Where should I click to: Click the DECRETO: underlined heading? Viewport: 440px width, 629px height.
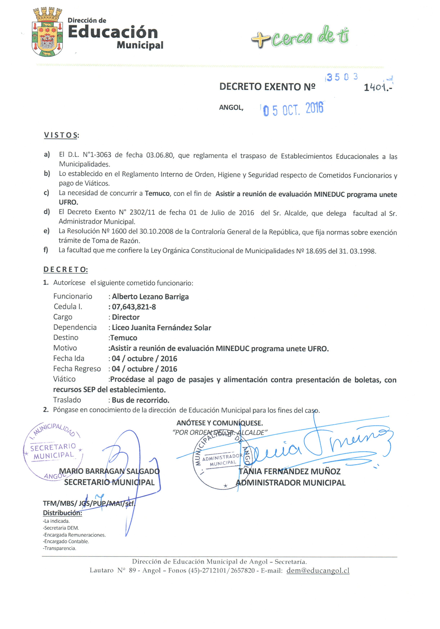click(65, 270)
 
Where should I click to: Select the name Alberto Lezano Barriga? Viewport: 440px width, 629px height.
click(150, 297)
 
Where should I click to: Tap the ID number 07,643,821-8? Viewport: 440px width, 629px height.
click(134, 307)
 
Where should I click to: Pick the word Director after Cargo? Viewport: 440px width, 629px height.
click(126, 317)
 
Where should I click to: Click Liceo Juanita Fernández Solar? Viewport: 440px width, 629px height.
click(161, 328)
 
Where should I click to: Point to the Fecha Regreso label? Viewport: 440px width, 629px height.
click(77, 369)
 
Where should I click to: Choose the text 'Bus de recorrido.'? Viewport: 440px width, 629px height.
click(140, 400)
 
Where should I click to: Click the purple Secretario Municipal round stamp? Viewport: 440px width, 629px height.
click(53, 451)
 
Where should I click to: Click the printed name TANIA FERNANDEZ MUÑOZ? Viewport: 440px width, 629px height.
click(290, 472)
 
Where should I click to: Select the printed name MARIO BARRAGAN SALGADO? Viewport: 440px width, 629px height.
click(109, 471)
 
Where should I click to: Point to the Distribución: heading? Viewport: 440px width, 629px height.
click(62, 513)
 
